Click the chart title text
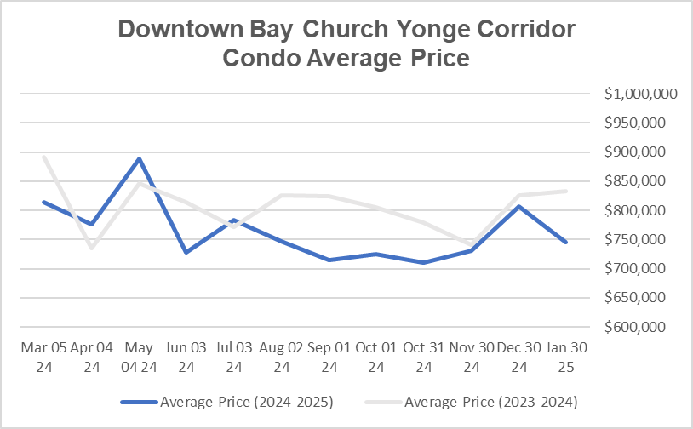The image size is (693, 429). coord(346,43)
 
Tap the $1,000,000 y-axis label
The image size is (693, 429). coord(641,94)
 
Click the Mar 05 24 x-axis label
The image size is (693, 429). coord(43,357)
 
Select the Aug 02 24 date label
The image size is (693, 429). coord(282,357)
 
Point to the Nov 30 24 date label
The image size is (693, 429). coord(472,357)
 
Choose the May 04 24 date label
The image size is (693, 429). coord(139,357)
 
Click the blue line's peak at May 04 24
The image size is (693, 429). coord(139,158)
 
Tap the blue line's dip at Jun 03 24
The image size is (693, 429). coord(186,252)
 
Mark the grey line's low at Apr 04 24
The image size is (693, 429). coord(91,248)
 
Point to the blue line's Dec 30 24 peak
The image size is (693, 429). coord(519,206)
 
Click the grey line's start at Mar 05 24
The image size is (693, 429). coord(43,157)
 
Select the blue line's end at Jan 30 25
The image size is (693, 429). coord(567,242)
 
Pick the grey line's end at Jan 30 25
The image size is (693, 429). coord(567,191)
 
